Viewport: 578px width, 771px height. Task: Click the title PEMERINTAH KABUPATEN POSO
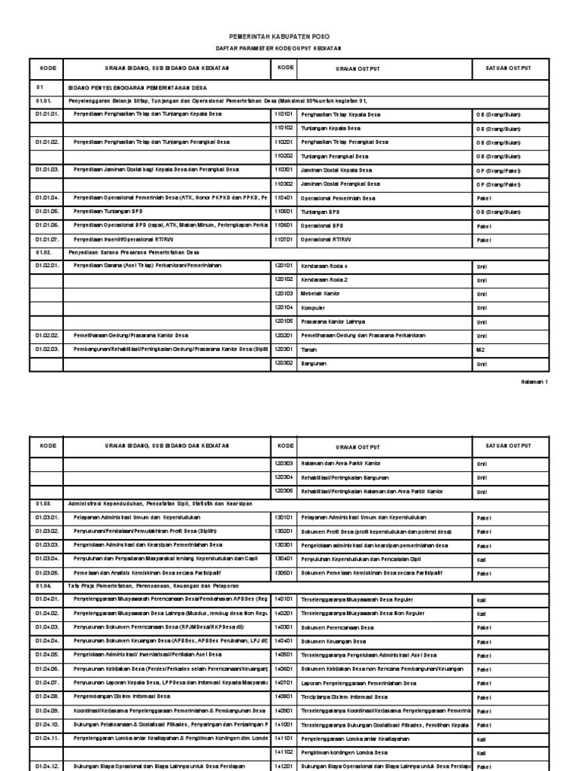[289, 36]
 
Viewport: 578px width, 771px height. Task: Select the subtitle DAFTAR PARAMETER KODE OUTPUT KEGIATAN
[289, 48]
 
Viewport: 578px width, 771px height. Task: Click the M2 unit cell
[481, 350]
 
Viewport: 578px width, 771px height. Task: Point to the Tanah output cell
[309, 350]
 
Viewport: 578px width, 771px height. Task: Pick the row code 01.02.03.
[47, 350]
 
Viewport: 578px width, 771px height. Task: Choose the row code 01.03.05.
[47, 573]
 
